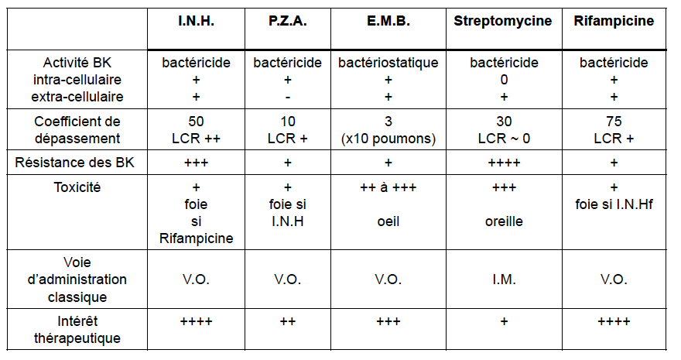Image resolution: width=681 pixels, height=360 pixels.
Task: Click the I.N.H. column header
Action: pyautogui.click(x=196, y=21)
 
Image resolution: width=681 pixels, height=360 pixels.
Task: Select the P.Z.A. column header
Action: pyautogui.click(x=288, y=21)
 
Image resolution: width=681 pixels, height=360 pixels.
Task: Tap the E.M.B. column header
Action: pyautogui.click(x=388, y=21)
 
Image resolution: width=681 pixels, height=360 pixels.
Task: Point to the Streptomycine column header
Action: pyautogui.click(x=503, y=21)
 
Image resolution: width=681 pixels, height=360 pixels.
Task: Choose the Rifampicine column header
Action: pyautogui.click(x=614, y=21)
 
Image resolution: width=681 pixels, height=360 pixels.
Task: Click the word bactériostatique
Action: pyautogui.click(x=388, y=63)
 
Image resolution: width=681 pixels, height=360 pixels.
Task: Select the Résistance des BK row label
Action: pyautogui.click(x=75, y=163)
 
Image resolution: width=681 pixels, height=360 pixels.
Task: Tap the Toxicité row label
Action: pyautogui.click(x=77, y=187)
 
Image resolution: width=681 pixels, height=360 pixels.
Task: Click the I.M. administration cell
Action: pyautogui.click(x=504, y=279)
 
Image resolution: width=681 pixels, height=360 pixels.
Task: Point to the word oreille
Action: pyautogui.click(x=504, y=221)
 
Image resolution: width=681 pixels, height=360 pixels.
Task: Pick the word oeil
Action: pyautogui.click(x=388, y=221)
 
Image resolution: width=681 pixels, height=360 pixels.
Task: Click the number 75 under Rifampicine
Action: pyautogui.click(x=614, y=121)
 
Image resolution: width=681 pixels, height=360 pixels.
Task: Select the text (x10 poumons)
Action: pyautogui.click(x=388, y=139)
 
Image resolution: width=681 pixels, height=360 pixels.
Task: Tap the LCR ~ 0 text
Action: pyautogui.click(x=504, y=139)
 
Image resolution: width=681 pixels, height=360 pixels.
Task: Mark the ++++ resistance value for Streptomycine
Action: pyautogui.click(x=504, y=163)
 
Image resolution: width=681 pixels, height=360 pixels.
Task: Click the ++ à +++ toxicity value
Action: pyautogui.click(x=388, y=187)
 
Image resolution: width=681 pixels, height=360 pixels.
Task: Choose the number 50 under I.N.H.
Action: pyautogui.click(x=196, y=121)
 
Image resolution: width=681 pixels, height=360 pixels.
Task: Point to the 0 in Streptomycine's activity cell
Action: pyautogui.click(x=504, y=80)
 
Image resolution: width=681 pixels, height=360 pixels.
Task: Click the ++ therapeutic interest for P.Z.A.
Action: pyautogui.click(x=288, y=321)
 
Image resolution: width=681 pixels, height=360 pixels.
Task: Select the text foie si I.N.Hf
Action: pyautogui.click(x=614, y=204)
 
